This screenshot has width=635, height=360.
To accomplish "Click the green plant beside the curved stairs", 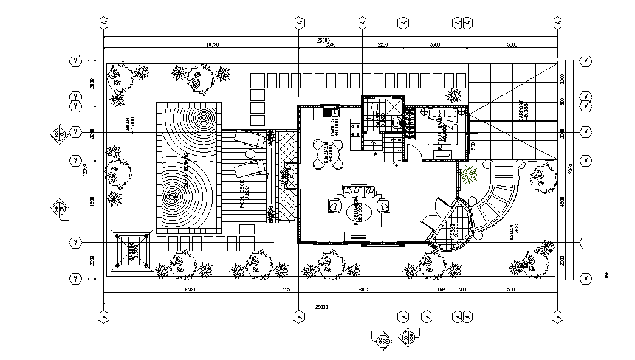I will pos(469,176).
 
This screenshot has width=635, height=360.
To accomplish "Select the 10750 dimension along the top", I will pos(212,45).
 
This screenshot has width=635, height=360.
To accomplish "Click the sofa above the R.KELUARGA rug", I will pos(358,192).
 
